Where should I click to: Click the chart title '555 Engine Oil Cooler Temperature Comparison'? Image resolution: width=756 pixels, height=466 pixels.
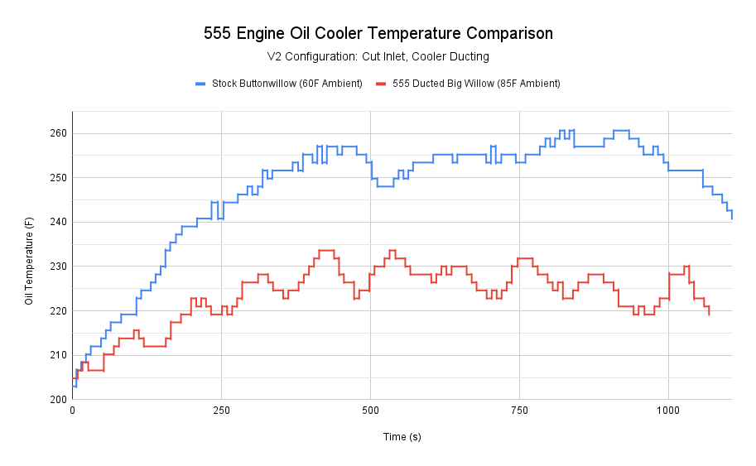(378, 34)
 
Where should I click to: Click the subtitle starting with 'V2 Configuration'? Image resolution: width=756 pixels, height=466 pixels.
(378, 57)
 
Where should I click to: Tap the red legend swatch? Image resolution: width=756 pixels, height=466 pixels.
(381, 84)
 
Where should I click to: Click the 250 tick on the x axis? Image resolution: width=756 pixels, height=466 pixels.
(221, 411)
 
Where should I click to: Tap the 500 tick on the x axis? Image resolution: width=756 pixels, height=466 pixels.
(370, 411)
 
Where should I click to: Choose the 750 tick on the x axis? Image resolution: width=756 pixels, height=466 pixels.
(519, 411)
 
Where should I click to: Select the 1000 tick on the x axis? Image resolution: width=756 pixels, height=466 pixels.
(668, 411)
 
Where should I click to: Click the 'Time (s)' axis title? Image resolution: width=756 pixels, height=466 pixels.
(402, 437)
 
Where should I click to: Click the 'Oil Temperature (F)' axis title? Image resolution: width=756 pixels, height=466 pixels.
(29, 261)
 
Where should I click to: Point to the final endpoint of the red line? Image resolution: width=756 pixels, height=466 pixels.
(709, 315)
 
